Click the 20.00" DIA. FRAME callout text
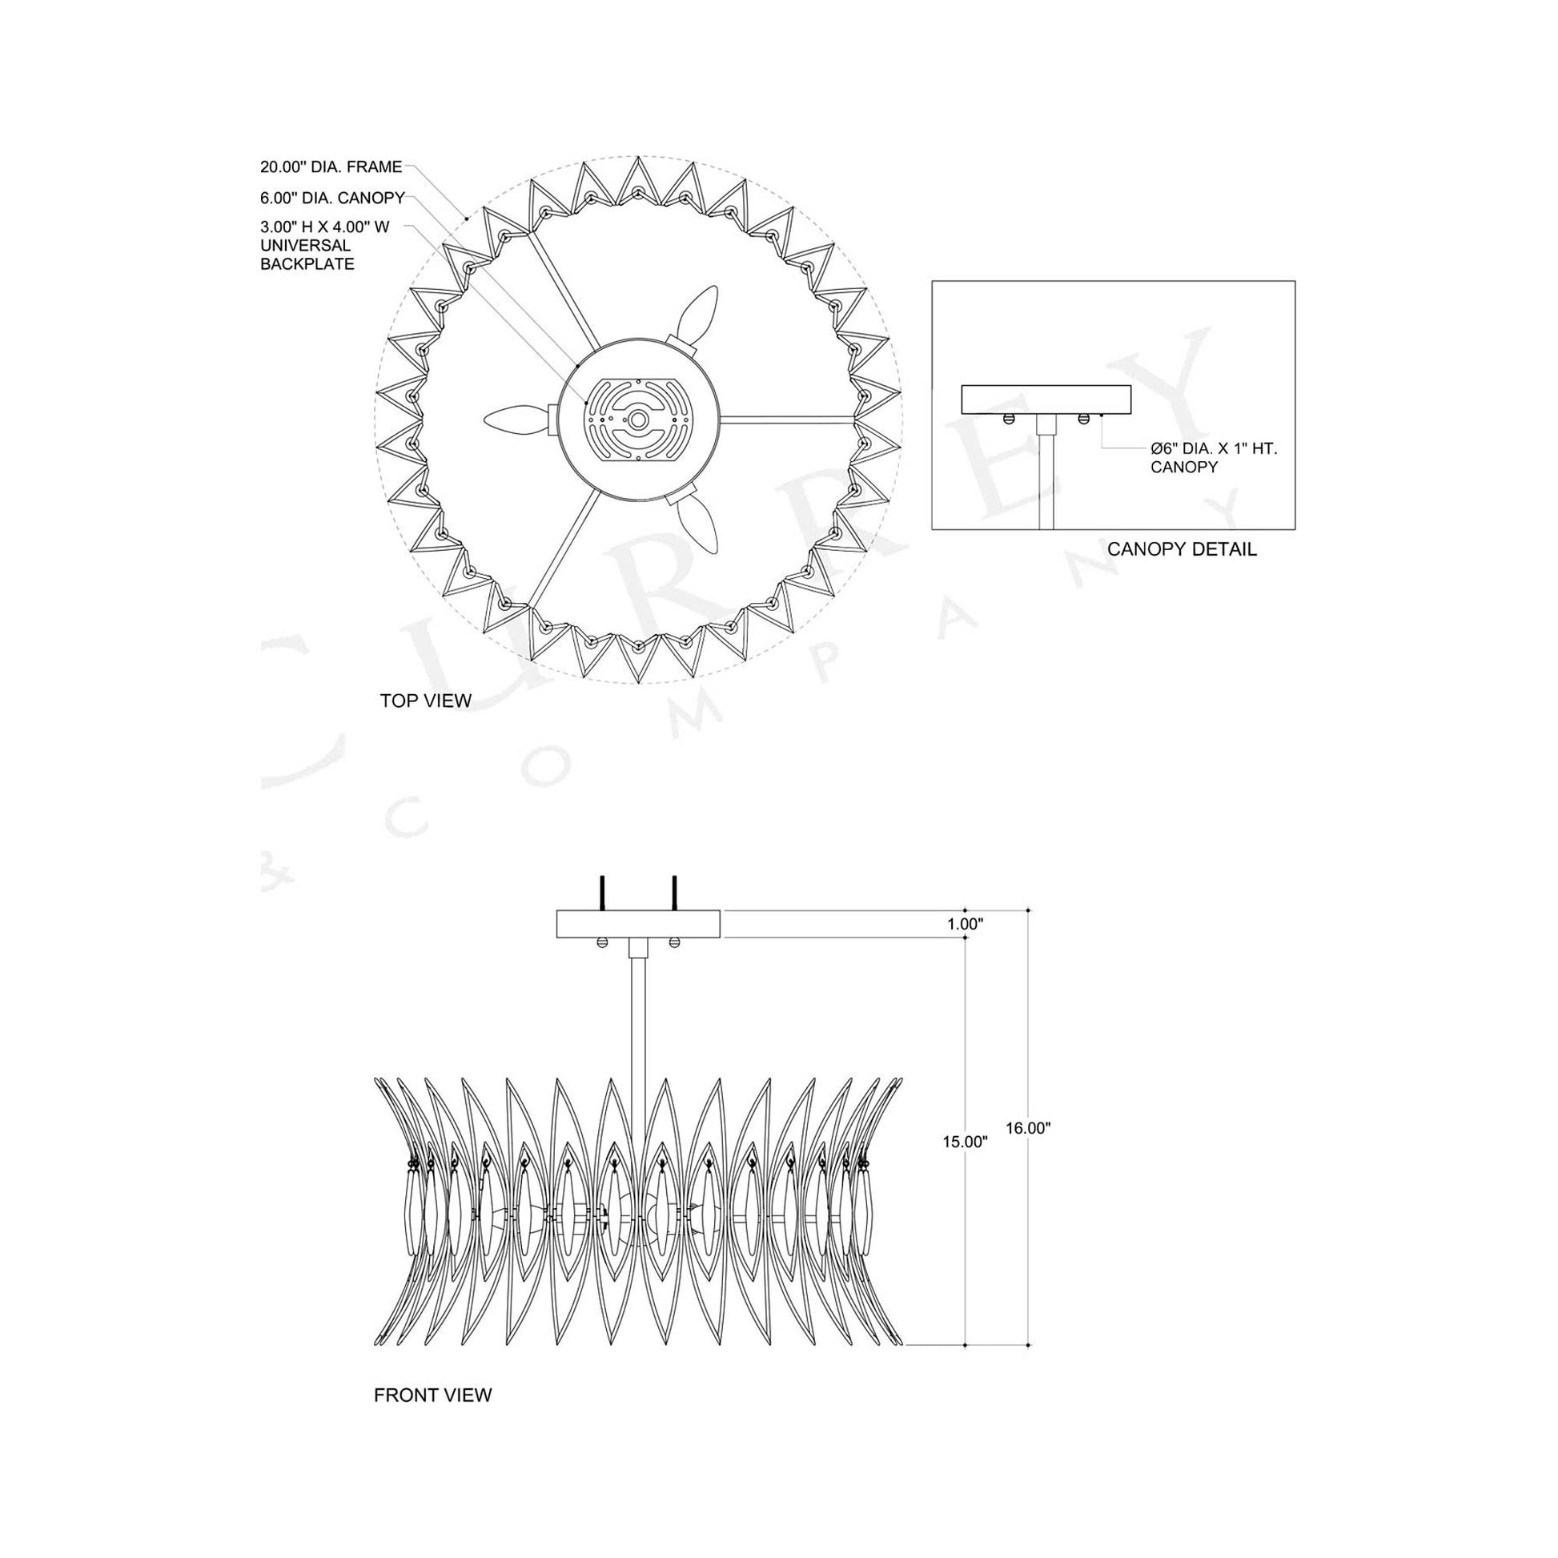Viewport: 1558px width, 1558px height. (331, 167)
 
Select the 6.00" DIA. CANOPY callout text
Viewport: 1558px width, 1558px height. (332, 199)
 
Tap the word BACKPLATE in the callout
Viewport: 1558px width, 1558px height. (307, 263)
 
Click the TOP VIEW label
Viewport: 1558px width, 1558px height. (426, 701)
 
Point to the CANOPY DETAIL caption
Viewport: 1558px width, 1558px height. (1182, 550)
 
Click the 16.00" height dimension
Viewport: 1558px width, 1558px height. (1028, 1128)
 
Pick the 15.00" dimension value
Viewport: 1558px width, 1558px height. (966, 1141)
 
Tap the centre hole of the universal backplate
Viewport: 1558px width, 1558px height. (638, 420)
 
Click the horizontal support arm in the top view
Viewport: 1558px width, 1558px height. (786, 418)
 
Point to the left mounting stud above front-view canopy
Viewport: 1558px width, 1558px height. (600, 893)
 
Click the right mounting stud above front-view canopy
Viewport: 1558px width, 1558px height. (674, 893)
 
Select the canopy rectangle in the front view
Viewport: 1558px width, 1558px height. (638, 924)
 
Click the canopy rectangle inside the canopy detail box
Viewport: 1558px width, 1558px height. (1046, 399)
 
